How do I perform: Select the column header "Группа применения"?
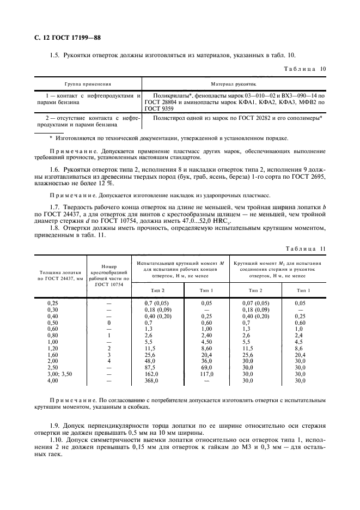point(88,84)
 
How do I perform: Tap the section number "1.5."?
point(55,55)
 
